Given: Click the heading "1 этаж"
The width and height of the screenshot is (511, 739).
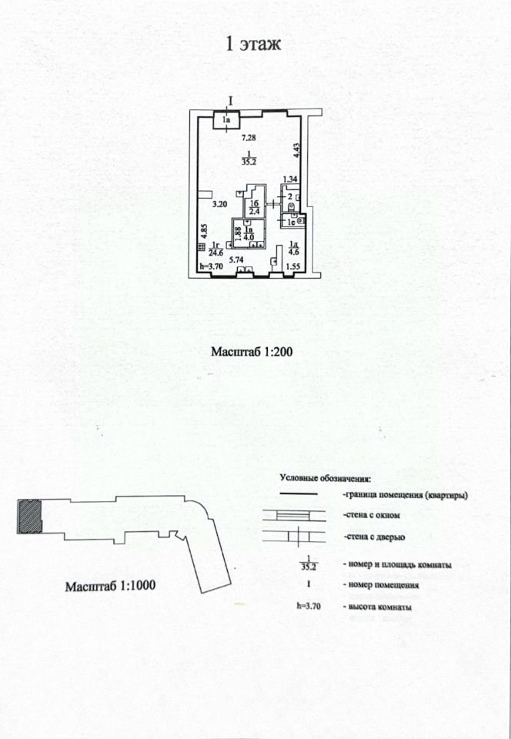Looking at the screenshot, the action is tap(253, 44).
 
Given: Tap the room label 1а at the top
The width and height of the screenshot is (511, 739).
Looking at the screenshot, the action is tap(226, 120).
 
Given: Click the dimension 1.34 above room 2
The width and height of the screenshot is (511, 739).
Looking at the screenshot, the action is tap(289, 180).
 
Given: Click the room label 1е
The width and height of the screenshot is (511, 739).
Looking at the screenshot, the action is tap(290, 222).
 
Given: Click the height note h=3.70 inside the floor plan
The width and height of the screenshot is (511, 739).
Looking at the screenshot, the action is tap(210, 267).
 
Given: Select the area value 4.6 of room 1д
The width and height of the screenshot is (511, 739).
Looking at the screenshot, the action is tap(292, 252).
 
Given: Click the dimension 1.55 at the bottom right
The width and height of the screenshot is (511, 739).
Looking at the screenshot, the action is tap(292, 267).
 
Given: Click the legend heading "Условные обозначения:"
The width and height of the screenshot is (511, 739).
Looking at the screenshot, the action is tap(325, 477).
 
